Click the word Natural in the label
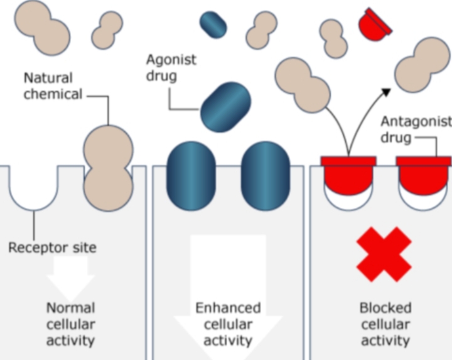(48, 78)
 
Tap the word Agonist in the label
(171, 60)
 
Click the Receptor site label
(53, 248)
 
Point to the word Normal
(71, 308)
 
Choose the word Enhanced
(228, 308)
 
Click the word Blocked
(385, 308)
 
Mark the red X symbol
(384, 254)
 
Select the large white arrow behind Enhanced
(228, 276)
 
